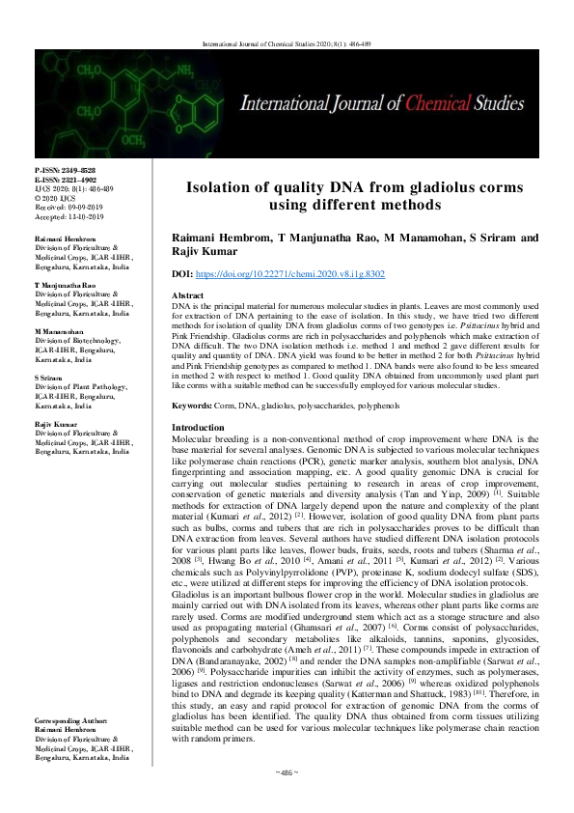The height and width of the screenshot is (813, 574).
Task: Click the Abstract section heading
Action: (187, 294)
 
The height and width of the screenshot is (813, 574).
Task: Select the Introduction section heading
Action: (198, 427)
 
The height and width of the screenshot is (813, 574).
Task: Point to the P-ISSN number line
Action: (61, 170)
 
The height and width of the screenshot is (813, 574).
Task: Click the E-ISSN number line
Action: (61, 179)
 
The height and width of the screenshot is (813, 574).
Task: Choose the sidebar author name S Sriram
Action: (49, 378)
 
